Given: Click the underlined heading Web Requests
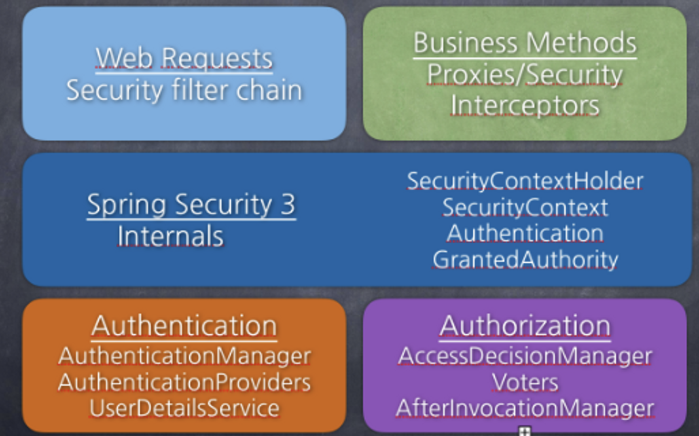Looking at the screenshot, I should pyautogui.click(x=184, y=59).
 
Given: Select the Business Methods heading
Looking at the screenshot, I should pyautogui.click(x=525, y=43).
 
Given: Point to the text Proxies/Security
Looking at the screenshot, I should pyautogui.click(x=525, y=75).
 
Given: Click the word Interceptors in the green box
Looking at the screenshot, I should pyautogui.click(x=525, y=106).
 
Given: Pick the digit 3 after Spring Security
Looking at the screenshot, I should pyautogui.click(x=288, y=205).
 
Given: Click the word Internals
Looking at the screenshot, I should pyautogui.click(x=170, y=236).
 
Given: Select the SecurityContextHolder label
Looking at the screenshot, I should pyautogui.click(x=525, y=181).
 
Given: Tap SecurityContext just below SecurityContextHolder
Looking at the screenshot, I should pyautogui.click(x=525, y=207).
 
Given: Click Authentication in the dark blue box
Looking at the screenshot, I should pyautogui.click(x=525, y=233).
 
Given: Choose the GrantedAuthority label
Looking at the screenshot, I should pyautogui.click(x=525, y=260).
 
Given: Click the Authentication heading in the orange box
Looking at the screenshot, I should pyautogui.click(x=184, y=326).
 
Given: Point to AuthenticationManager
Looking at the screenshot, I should pyautogui.click(x=184, y=356).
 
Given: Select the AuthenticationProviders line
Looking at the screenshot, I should pyautogui.click(x=184, y=383).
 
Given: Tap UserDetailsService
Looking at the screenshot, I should pyautogui.click(x=184, y=408).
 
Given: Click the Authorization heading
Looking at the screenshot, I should pyautogui.click(x=525, y=326).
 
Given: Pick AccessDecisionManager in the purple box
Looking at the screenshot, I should pyautogui.click(x=525, y=356).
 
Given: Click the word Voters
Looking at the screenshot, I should pyautogui.click(x=525, y=383).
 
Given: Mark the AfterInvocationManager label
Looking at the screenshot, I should pyautogui.click(x=525, y=408).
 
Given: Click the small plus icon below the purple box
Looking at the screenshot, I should pyautogui.click(x=524, y=431).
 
